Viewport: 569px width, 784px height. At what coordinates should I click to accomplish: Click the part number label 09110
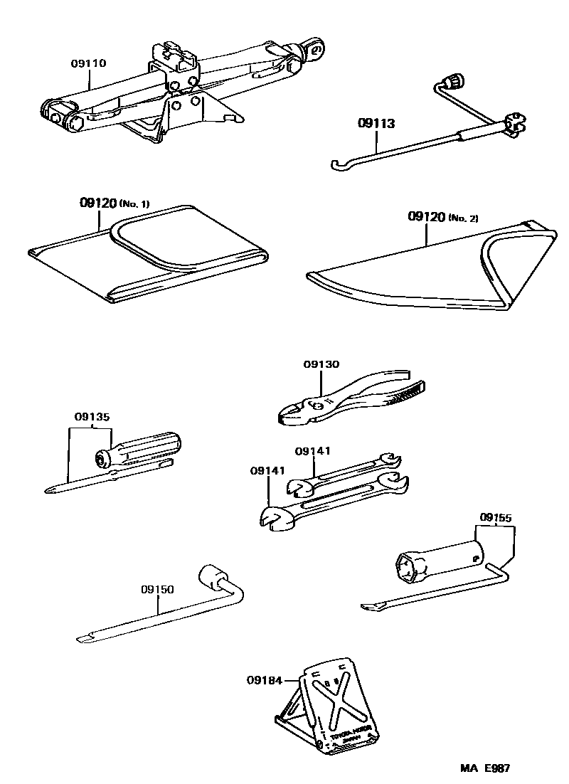88,63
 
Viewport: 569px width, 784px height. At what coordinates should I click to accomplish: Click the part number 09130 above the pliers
321,364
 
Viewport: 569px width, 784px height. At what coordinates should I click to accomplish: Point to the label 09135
92,417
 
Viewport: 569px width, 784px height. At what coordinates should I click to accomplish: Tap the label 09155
496,517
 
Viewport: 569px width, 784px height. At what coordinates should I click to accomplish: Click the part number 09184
265,680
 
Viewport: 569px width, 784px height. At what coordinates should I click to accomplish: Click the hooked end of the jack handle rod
339,166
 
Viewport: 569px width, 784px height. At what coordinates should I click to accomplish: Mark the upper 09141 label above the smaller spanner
313,451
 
